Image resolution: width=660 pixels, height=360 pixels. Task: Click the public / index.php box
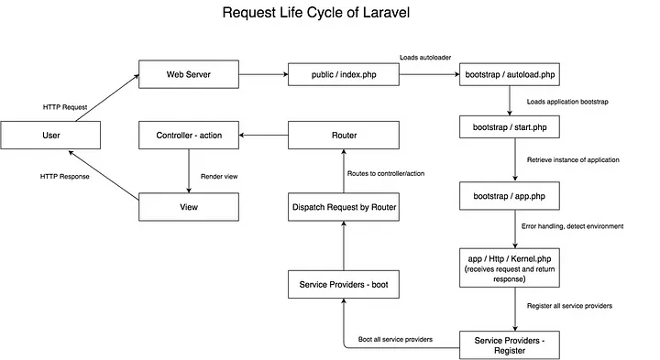344,73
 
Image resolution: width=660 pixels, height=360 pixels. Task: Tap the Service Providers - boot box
344,283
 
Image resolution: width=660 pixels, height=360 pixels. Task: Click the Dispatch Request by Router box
344,207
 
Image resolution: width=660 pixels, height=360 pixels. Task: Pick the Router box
344,136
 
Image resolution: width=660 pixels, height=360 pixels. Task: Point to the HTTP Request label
65,106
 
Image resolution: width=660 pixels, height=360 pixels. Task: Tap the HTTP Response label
65,176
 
